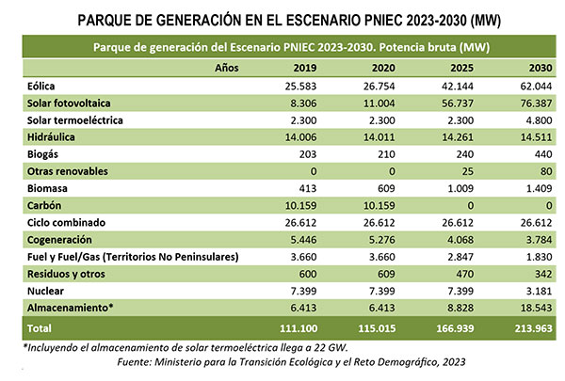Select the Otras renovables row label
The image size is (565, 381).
tap(68, 172)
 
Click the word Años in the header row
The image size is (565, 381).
tap(227, 69)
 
